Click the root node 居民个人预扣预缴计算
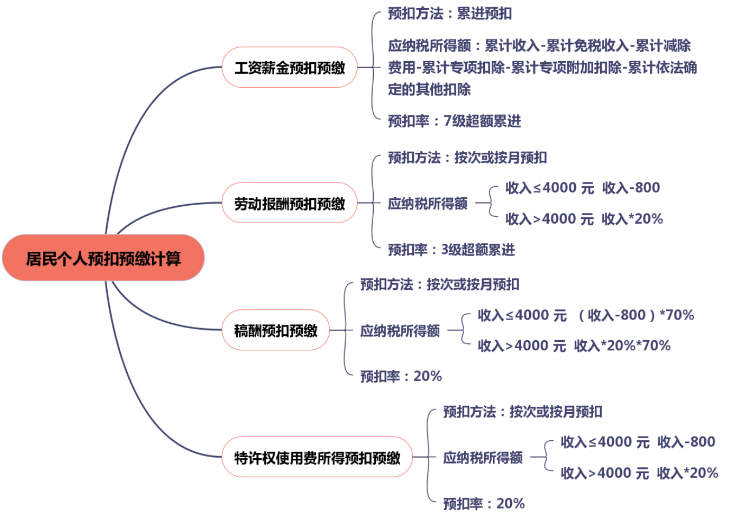pyautogui.click(x=103, y=258)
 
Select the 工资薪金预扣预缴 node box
pyautogui.click(x=289, y=68)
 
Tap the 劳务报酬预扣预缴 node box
pyautogui.click(x=289, y=204)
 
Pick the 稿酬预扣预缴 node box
pyautogui.click(x=275, y=330)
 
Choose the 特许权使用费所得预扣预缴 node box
pyautogui.click(x=317, y=458)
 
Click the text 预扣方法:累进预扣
pyautogui.click(x=450, y=14)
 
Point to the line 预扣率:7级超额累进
pyautogui.click(x=454, y=121)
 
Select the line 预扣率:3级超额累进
pyautogui.click(x=451, y=250)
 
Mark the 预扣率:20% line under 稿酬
pyautogui.click(x=401, y=376)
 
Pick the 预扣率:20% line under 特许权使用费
pyautogui.click(x=484, y=504)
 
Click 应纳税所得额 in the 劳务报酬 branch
pyautogui.click(x=428, y=204)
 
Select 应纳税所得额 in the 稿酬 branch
pyautogui.click(x=400, y=330)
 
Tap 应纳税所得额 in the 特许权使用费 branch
pyautogui.click(x=483, y=458)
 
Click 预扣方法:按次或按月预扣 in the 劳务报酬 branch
pyautogui.click(x=467, y=158)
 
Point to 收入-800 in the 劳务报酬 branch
pyautogui.click(x=631, y=188)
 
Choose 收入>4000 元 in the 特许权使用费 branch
pyautogui.click(x=604, y=473)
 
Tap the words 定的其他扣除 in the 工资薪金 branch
pyautogui.click(x=429, y=89)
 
